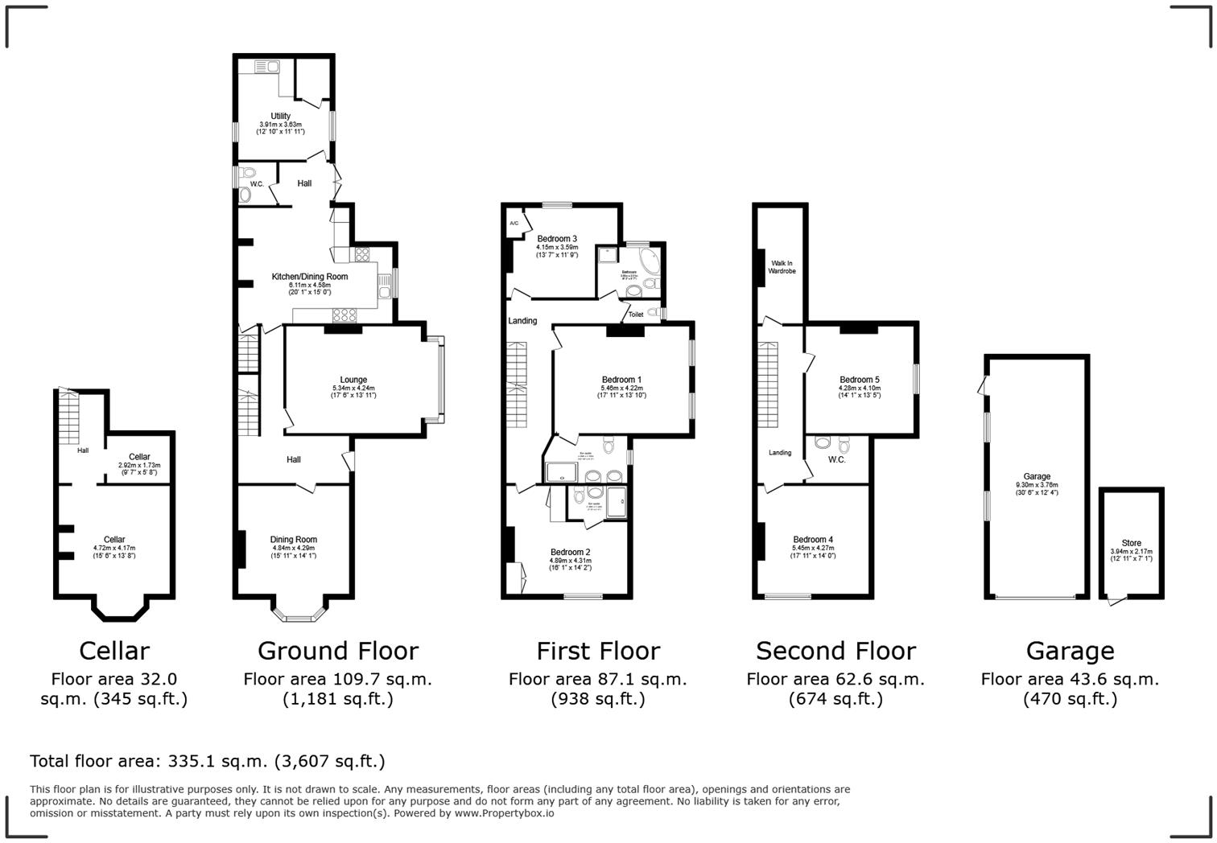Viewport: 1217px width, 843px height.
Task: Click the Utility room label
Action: (280, 117)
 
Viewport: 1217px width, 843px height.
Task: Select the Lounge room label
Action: (353, 380)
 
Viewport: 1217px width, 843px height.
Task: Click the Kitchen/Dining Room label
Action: (309, 277)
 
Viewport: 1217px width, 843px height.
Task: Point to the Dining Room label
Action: (294, 540)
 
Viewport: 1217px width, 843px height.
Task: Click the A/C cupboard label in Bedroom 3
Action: (514, 223)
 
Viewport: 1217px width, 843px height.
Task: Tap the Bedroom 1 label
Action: (621, 380)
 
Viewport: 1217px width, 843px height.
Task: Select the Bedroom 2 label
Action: (570, 552)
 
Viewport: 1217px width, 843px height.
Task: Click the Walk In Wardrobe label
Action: (782, 267)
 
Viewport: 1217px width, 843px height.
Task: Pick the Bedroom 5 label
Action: (859, 380)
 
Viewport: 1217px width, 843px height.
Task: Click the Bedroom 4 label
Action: (813, 540)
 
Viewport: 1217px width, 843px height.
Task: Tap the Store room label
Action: (1131, 543)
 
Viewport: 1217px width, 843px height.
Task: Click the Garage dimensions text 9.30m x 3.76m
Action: (1037, 485)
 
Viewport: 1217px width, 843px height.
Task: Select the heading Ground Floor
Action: (338, 651)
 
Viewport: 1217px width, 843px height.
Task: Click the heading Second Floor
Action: (835, 651)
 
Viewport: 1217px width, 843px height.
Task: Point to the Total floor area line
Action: (208, 761)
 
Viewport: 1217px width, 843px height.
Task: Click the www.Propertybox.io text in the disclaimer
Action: (504, 813)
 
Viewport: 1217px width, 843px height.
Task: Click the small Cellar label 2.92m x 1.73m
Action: (139, 465)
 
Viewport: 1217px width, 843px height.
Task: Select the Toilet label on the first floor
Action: (635, 315)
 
